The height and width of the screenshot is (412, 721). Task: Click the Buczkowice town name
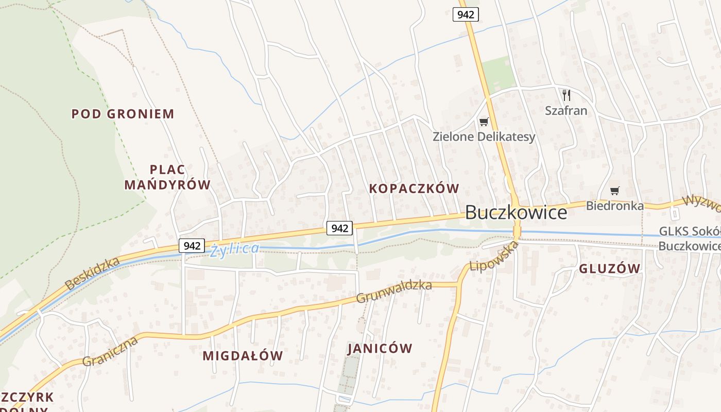coord(516,212)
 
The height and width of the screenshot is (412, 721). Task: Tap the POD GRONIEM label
coord(123,114)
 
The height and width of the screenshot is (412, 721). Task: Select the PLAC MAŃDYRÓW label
coord(167,177)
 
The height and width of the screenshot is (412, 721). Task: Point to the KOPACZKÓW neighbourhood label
coord(414,188)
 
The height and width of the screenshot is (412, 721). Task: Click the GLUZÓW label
coord(609,268)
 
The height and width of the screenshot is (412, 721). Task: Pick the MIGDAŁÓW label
coord(243,355)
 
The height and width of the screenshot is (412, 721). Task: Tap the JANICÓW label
coord(380,349)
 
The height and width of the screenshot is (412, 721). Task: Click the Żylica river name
coord(234,249)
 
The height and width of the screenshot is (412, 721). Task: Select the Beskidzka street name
coord(93,273)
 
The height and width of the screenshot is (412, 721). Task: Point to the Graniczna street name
coord(110,351)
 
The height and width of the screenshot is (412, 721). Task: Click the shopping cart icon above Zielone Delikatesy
coord(483,122)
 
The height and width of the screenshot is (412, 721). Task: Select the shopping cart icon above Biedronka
coord(614,191)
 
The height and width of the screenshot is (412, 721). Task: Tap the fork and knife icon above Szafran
coord(566,95)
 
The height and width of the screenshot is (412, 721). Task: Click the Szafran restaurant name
coord(566,110)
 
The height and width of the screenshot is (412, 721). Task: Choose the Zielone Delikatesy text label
coord(484,137)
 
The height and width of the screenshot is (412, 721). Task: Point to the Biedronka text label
coord(614,206)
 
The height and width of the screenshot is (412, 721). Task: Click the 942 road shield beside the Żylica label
coord(192,246)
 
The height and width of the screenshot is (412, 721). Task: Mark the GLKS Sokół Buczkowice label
coord(690,239)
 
